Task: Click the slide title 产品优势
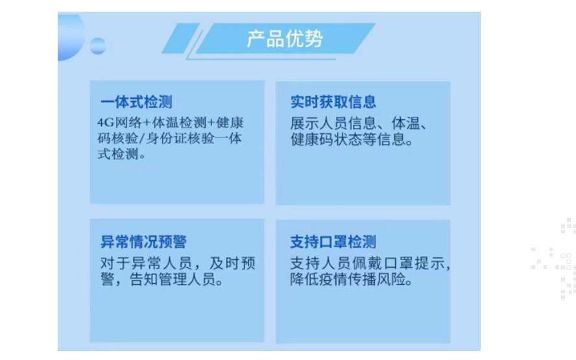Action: click(285, 38)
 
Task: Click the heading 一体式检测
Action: click(136, 102)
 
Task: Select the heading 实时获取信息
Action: click(333, 102)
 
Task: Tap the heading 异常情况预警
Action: click(143, 242)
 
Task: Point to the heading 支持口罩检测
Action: click(333, 242)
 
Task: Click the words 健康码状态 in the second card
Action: click(326, 139)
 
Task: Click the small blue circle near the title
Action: click(98, 46)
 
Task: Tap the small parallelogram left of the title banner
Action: click(181, 38)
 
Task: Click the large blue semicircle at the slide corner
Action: click(70, 37)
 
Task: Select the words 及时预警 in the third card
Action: click(232, 263)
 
